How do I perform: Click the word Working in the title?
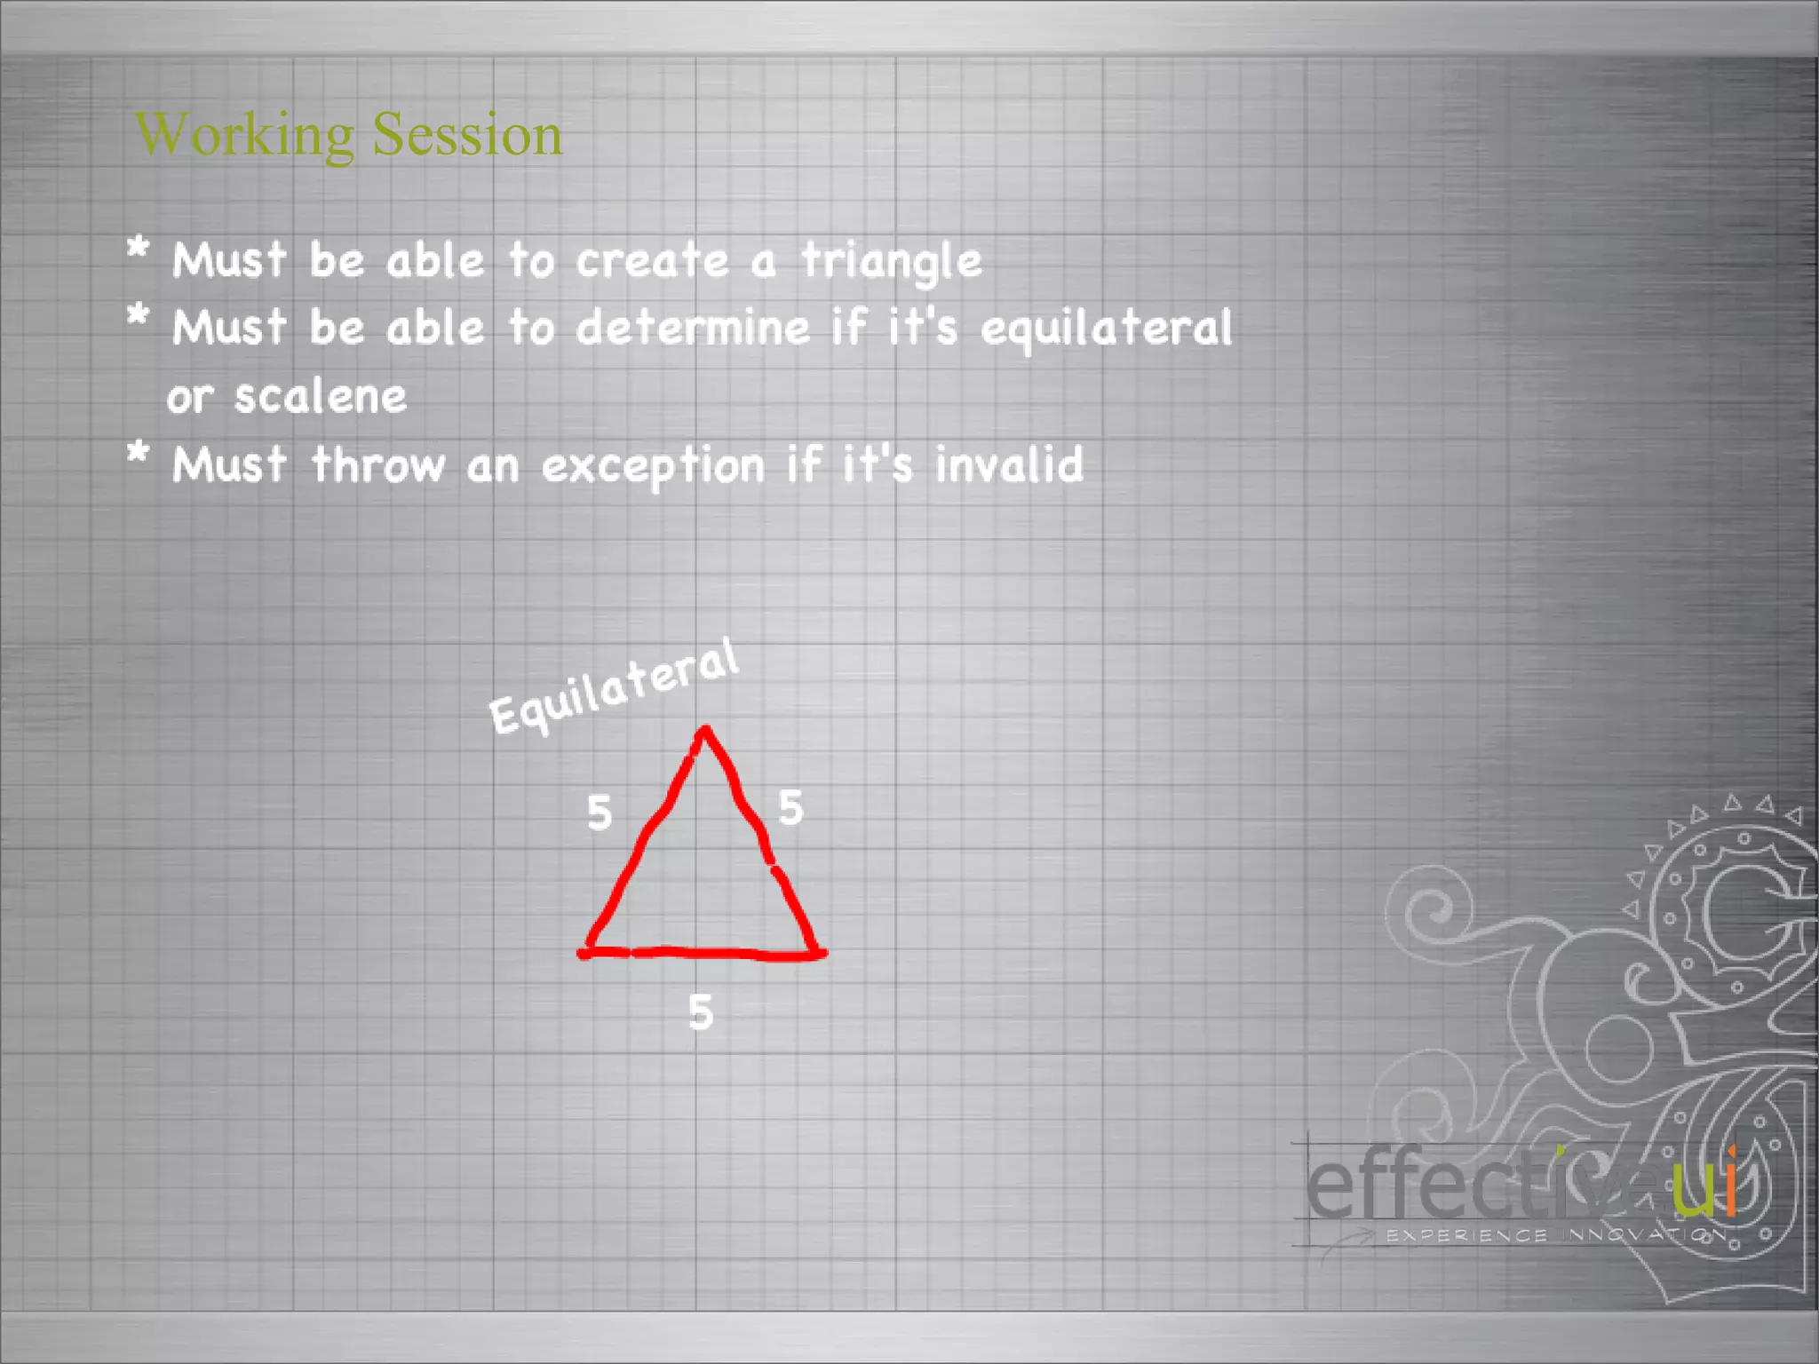point(244,136)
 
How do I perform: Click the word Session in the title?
point(467,134)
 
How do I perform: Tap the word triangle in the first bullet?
point(891,261)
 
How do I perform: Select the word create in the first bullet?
point(653,261)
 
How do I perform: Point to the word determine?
point(694,328)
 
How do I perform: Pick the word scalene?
point(320,396)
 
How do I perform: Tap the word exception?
point(653,465)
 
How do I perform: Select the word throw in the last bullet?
point(377,464)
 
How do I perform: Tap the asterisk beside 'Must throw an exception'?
point(138,453)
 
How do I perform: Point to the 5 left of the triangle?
point(600,813)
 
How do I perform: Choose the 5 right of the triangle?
point(790,807)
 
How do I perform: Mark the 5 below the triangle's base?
point(701,1012)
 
